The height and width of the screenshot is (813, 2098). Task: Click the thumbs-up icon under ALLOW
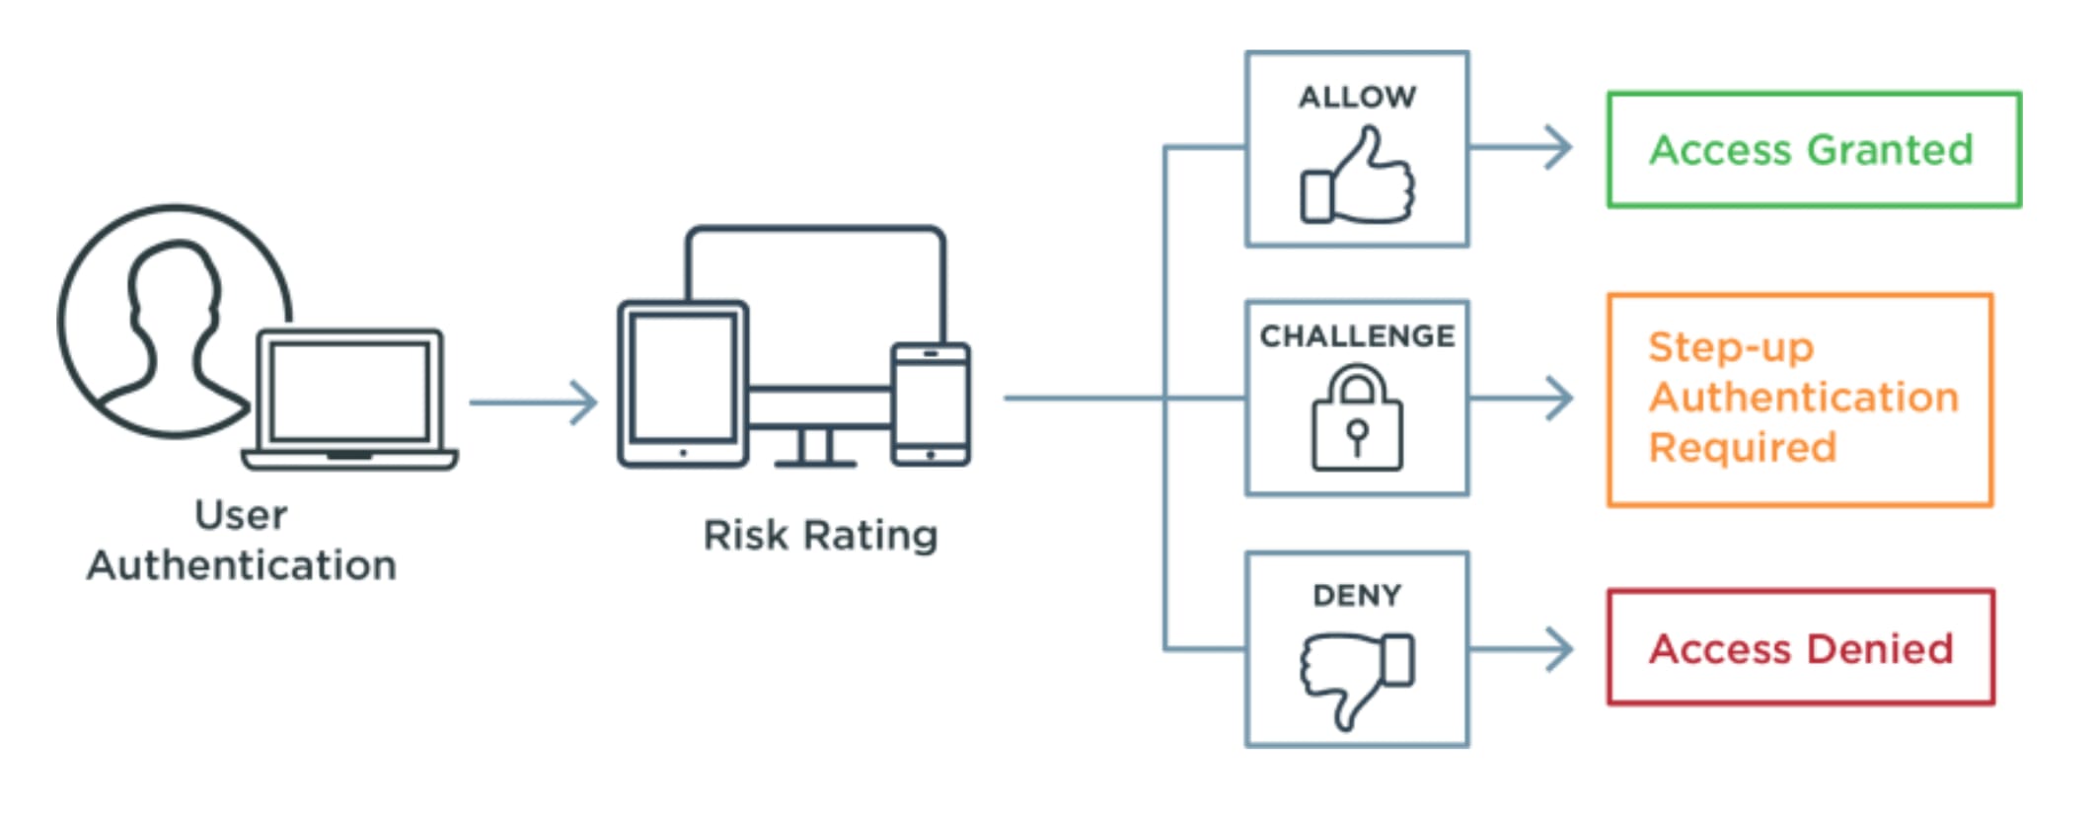(1357, 177)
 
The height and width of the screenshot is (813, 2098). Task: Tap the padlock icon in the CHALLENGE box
(1357, 419)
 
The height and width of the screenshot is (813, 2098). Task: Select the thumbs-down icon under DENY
(1357, 677)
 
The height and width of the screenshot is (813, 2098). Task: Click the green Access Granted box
(1813, 150)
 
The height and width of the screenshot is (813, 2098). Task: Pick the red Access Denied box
(1800, 647)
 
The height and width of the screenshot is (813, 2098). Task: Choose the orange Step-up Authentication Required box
(1800, 400)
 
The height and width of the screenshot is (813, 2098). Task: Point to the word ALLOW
(1357, 97)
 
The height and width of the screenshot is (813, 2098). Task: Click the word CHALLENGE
(1357, 336)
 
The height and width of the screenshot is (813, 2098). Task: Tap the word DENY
(1357, 595)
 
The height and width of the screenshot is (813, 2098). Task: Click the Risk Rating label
(820, 535)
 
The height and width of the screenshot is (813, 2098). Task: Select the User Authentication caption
(242, 541)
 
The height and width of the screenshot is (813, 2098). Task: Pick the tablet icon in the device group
(682, 383)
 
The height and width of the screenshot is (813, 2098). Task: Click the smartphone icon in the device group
(930, 404)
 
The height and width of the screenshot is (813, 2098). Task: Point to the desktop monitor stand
(815, 449)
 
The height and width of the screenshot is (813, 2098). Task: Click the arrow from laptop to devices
(534, 403)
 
